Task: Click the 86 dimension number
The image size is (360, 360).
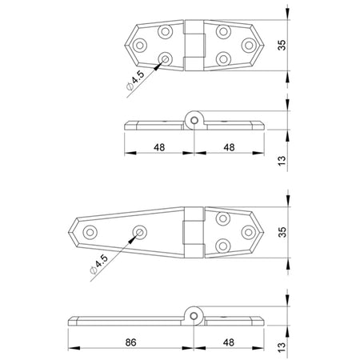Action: coord(130,342)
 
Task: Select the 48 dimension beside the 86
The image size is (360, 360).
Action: coord(229,342)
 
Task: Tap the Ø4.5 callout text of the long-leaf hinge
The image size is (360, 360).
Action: coord(99,264)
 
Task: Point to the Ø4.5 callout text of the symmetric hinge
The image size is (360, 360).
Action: coord(135,80)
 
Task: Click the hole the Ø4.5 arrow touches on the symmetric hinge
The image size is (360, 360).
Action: coord(166,59)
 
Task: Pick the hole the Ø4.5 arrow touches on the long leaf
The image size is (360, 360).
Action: coord(140,232)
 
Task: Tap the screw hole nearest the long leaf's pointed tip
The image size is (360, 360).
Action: coord(90,232)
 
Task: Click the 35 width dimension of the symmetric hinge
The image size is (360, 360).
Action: coord(282,45)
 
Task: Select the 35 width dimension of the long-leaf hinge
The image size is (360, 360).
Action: coord(282,232)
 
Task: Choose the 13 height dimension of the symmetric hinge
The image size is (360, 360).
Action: coord(282,161)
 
